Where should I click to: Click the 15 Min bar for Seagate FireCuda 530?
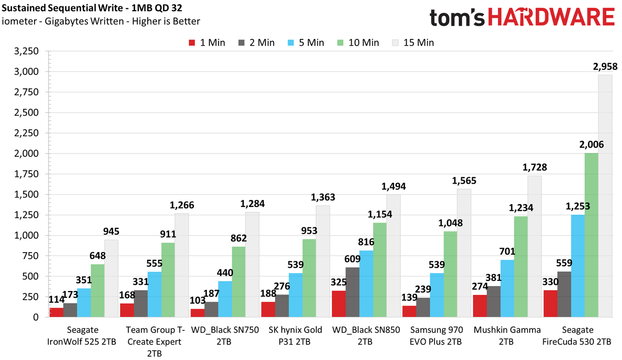click(605, 196)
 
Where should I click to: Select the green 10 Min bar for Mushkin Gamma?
click(521, 266)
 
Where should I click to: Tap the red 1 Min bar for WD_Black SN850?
click(339, 304)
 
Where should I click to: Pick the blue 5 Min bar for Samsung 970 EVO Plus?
click(437, 295)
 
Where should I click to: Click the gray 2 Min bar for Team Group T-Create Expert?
click(141, 304)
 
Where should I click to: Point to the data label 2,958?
click(605, 67)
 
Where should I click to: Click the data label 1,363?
click(323, 197)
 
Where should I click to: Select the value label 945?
click(111, 231)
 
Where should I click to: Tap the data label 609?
click(352, 259)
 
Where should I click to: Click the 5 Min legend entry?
click(306, 43)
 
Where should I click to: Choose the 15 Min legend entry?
click(413, 43)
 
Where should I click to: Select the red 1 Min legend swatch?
click(192, 43)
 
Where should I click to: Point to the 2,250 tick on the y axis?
click(26, 133)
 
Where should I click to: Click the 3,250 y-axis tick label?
click(26, 51)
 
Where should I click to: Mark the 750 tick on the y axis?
click(30, 256)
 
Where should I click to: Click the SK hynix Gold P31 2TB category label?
click(295, 336)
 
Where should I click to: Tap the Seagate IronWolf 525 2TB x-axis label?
click(82, 336)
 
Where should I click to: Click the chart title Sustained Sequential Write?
click(62, 8)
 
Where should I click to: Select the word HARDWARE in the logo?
click(551, 17)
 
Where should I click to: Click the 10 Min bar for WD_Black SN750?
click(239, 282)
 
